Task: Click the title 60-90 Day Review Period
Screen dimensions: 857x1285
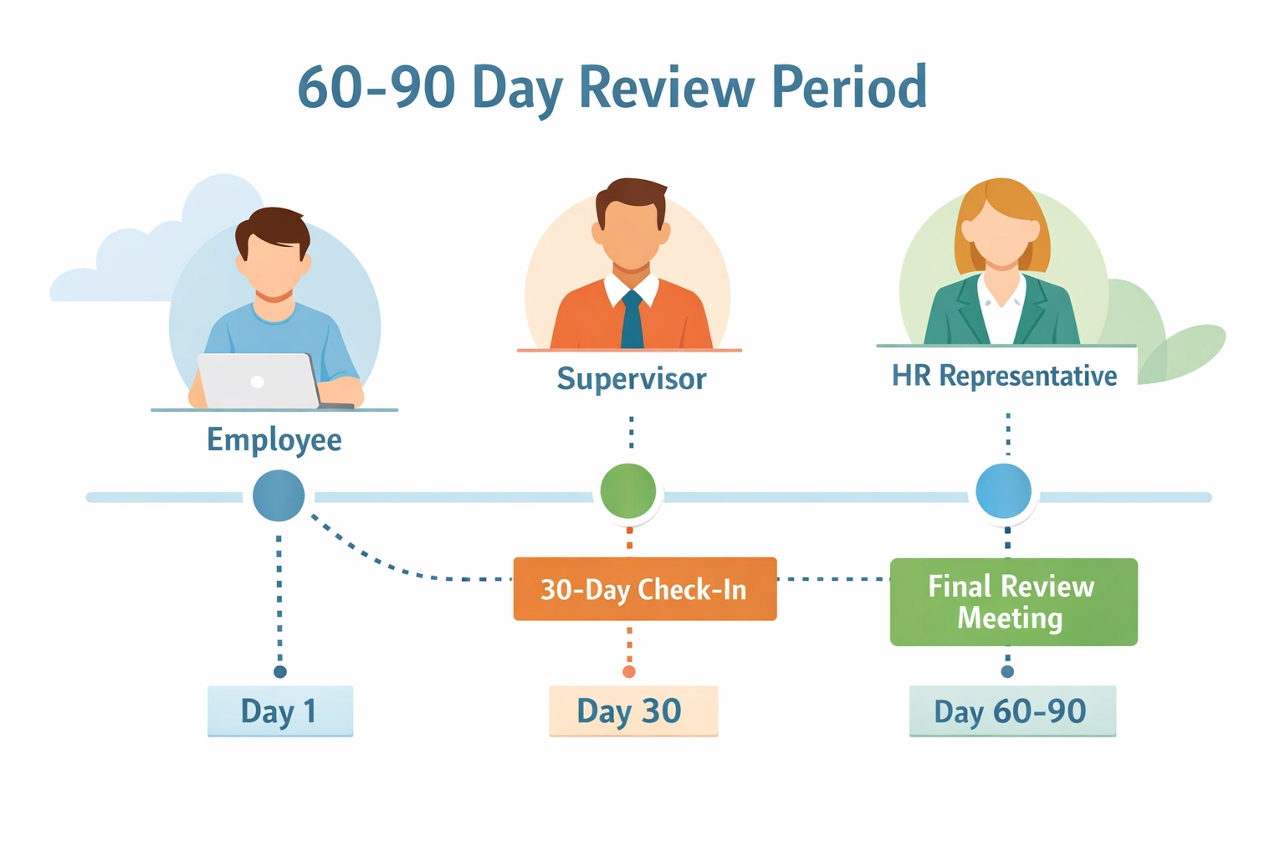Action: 612,87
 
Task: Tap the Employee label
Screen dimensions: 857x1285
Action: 274,439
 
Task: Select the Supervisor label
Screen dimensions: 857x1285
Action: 632,378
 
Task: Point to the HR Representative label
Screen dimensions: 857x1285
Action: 1004,376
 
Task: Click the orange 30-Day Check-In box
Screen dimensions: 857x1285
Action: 644,589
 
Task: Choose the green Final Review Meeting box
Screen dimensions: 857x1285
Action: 1013,602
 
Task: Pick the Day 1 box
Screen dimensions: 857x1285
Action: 279,711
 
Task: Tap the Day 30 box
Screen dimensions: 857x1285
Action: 632,711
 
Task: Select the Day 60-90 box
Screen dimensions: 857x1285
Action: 1011,711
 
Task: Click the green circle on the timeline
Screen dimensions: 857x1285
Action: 628,491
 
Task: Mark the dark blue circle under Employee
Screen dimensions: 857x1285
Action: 279,495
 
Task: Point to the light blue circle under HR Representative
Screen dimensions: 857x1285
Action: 1004,491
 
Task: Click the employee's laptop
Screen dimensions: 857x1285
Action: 258,381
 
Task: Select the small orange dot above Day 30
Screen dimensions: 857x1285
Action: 629,672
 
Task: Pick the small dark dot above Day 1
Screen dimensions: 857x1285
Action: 280,672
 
